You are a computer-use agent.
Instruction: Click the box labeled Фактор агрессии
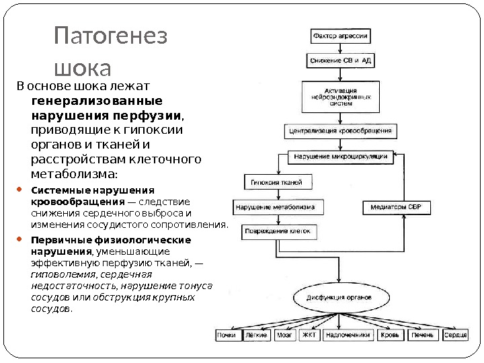339,34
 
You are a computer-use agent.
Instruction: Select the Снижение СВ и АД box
340,60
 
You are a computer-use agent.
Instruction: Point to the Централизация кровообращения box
340,130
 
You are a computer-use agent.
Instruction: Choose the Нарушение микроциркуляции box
340,157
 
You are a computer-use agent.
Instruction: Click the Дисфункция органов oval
340,296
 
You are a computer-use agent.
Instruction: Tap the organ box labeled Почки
226,335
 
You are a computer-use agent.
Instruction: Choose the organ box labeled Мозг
284,335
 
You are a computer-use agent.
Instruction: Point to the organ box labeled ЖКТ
309,335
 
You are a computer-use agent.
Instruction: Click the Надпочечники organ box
348,335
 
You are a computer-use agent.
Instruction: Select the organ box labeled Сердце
455,335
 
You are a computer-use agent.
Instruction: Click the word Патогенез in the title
110,36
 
